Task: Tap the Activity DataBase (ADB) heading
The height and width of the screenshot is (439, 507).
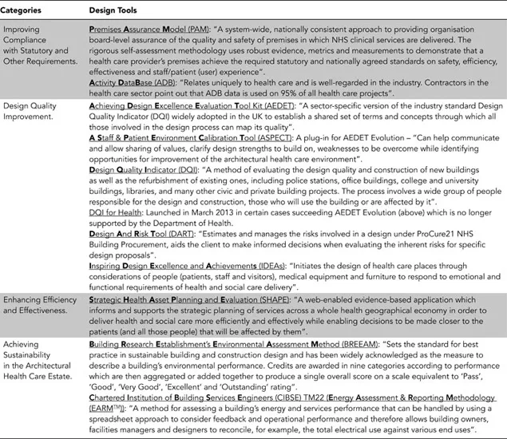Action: point(133,81)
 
